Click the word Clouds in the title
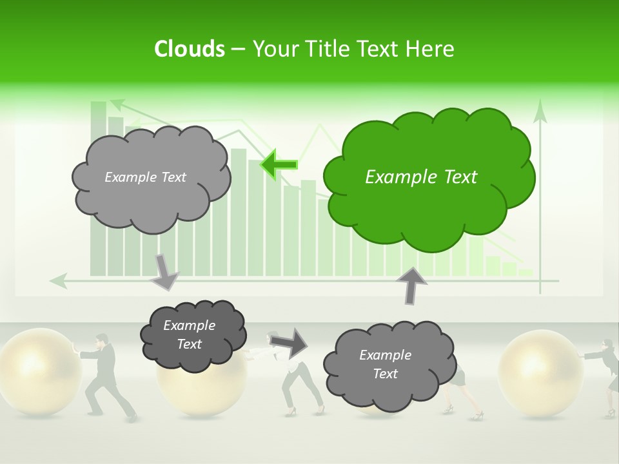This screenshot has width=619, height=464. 189,49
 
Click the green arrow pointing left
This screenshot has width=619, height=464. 279,164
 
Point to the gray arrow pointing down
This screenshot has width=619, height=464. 164,271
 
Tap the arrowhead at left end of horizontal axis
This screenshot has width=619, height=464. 58,280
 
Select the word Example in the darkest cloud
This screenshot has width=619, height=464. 189,326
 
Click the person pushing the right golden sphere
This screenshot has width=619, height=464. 606,374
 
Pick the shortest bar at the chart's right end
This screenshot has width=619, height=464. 526,273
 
